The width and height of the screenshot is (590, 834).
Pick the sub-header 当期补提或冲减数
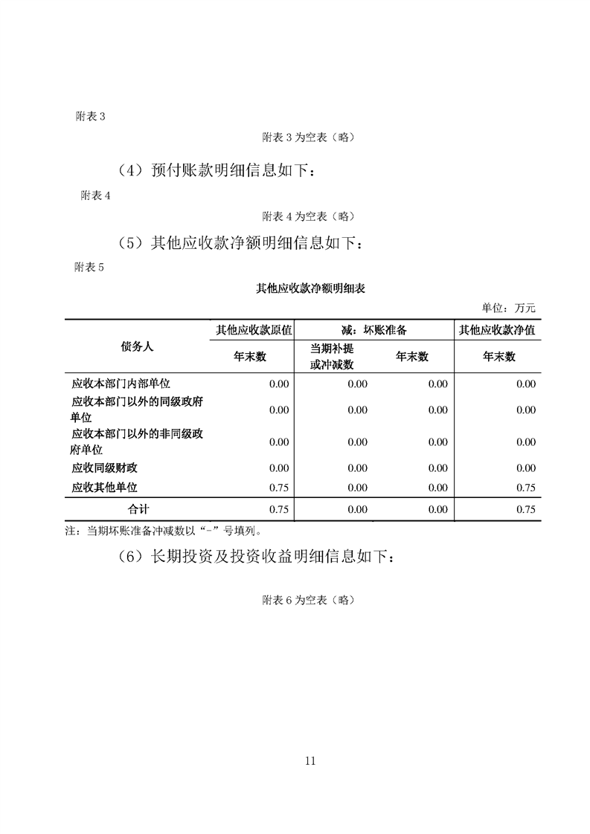[332, 357]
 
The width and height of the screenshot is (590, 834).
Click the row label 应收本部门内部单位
[121, 384]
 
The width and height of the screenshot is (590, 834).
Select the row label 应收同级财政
[104, 468]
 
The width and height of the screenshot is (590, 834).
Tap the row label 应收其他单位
[104, 487]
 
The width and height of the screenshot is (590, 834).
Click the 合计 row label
[138, 509]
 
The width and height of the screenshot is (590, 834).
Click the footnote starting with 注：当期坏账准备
[163, 531]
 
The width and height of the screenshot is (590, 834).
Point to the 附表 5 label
[90, 268]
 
